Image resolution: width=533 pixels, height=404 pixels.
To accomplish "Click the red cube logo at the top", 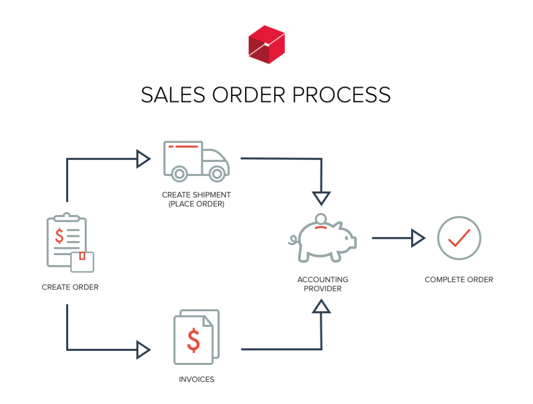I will click(x=266, y=45).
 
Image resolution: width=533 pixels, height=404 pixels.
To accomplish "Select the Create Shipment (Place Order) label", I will click(x=196, y=199).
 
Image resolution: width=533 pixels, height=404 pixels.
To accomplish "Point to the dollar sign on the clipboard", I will click(x=60, y=235).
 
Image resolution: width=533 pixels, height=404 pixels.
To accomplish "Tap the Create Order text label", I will click(x=70, y=287).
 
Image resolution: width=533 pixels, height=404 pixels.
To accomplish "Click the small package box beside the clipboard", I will click(x=82, y=262).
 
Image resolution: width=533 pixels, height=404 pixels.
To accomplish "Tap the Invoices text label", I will click(x=196, y=380).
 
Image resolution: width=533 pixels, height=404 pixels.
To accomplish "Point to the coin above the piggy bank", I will click(x=321, y=219).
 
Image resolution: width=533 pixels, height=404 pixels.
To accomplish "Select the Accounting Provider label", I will click(x=323, y=284).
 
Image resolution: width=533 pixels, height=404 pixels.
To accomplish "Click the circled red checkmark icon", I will click(x=459, y=238).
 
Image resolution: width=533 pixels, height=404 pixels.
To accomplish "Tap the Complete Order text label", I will click(x=459, y=280).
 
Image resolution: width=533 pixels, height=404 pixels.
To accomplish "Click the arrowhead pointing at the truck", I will click(x=143, y=159).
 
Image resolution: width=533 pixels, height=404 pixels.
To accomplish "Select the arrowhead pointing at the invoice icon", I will click(x=143, y=350).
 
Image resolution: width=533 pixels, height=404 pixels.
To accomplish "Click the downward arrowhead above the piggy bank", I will click(x=322, y=198).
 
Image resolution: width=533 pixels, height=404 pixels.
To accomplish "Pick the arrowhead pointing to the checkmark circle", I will click(x=418, y=238).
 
